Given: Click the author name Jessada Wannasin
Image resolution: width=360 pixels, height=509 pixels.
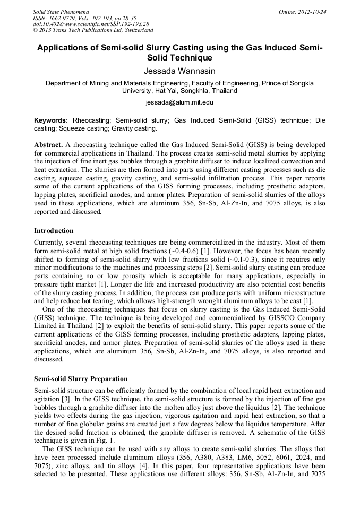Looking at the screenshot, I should pos(179,70).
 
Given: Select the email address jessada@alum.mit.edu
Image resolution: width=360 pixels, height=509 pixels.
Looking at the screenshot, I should pos(179,102).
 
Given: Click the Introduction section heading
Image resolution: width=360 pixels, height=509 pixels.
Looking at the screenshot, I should pos(54,231).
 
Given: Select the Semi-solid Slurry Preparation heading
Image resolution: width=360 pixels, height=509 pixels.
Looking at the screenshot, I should pos(81,379).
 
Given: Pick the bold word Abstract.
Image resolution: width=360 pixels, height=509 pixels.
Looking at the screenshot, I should pos(48,145).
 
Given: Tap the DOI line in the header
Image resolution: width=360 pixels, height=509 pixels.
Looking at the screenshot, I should pos(91,24).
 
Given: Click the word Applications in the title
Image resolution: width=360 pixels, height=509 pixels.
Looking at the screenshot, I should pos(65,47).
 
